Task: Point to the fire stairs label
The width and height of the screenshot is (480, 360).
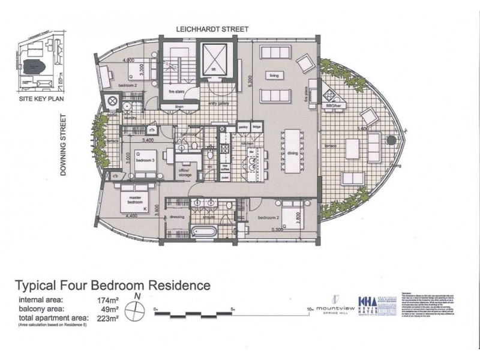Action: point(179,91)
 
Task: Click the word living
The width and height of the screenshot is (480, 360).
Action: point(274,76)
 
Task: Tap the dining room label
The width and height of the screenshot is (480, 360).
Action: point(293,154)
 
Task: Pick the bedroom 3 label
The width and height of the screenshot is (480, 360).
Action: point(145,161)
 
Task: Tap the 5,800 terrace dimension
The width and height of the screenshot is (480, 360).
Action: point(362,128)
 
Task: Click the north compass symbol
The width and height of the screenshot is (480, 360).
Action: point(138,310)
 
